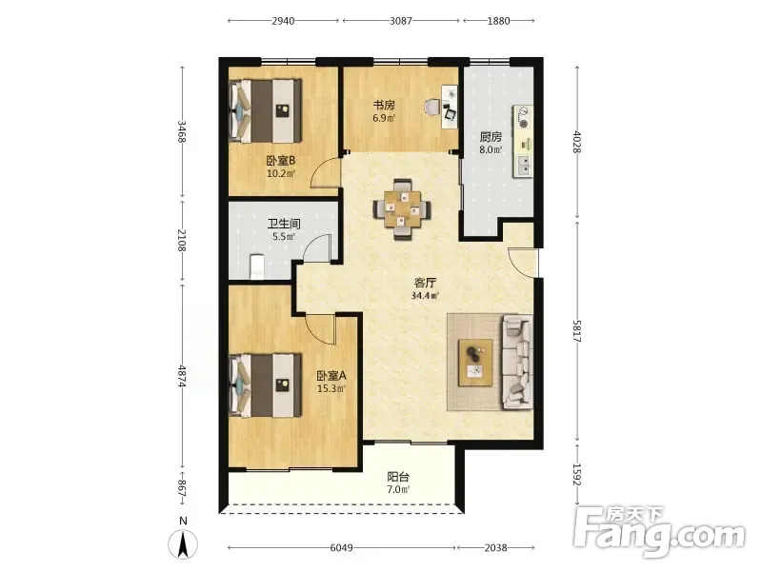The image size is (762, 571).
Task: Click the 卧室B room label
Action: point(281,160)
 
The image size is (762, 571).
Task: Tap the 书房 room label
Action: point(384,105)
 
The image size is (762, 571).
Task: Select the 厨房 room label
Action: point(491,137)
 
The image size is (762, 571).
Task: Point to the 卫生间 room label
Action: point(284,224)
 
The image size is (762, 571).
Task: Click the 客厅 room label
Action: point(425,283)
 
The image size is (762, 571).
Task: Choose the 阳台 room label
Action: point(398,477)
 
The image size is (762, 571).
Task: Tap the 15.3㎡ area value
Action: point(331,388)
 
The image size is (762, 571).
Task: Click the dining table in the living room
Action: point(401,209)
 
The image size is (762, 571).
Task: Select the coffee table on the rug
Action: point(475,363)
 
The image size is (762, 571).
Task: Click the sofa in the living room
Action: point(517,362)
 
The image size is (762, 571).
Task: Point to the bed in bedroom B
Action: point(266,110)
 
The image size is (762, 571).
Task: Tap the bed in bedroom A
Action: point(266,385)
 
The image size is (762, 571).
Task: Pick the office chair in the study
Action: point(432,107)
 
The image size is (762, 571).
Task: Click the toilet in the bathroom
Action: point(256,267)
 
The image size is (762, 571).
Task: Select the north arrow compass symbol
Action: point(183,543)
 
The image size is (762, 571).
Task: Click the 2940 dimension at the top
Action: point(283,21)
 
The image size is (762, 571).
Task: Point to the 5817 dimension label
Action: point(577,331)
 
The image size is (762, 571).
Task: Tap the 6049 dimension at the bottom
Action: point(342,548)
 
